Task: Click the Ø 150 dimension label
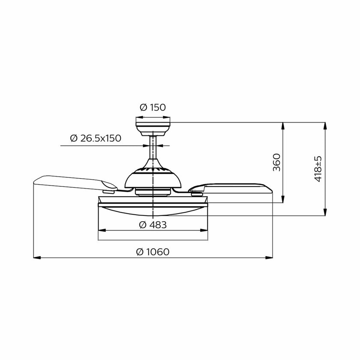coord(153,108)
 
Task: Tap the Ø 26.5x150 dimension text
coord(96,138)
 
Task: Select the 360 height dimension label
coord(277,162)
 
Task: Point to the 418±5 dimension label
coord(318,169)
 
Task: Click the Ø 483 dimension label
coord(153,225)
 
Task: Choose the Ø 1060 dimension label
coord(153,252)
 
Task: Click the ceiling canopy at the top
coord(153,129)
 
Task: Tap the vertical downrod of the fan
coord(153,147)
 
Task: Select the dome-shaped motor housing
coord(153,177)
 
